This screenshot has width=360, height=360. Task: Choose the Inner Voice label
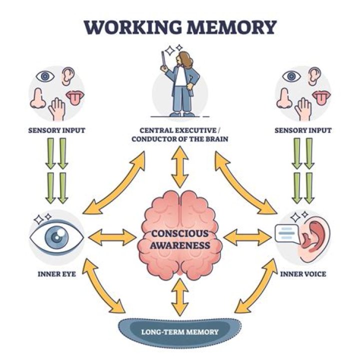(303, 273)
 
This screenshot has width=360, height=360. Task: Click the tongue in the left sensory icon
(75, 98)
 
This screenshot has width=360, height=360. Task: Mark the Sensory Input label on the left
(56, 131)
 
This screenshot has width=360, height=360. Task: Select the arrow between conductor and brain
(179, 169)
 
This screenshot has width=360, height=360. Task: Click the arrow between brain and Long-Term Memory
(179, 299)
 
